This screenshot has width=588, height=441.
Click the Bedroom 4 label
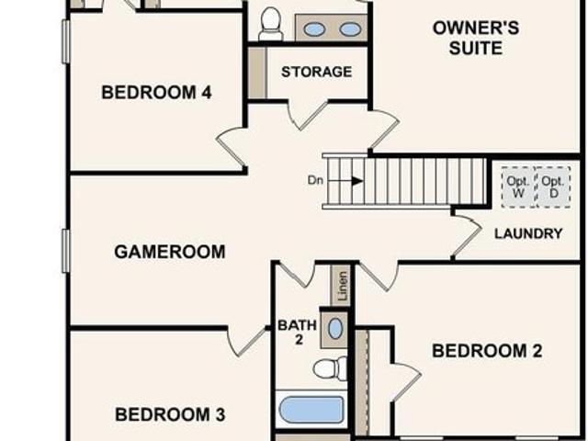pyautogui.click(x=156, y=92)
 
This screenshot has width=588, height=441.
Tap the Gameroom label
pyautogui.click(x=169, y=252)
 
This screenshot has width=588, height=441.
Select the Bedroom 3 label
pyautogui.click(x=170, y=414)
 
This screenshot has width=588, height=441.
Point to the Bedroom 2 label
pyautogui.click(x=487, y=351)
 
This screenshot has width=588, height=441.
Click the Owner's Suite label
pyautogui.click(x=476, y=38)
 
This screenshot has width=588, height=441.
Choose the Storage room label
pyautogui.click(x=316, y=72)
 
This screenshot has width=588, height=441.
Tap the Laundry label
pyautogui.click(x=528, y=233)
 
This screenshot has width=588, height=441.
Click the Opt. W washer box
pyautogui.click(x=518, y=187)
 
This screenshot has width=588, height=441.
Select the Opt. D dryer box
pyautogui.click(x=553, y=187)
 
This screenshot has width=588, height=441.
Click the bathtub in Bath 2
pyautogui.click(x=311, y=410)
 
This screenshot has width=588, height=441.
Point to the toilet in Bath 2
pyautogui.click(x=330, y=368)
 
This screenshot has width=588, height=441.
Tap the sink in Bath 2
pyautogui.click(x=335, y=329)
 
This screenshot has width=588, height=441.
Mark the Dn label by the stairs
pyautogui.click(x=315, y=180)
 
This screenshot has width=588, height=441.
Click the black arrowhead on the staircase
pyautogui.click(x=357, y=181)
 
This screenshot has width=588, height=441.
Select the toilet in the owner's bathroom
pyautogui.click(x=271, y=24)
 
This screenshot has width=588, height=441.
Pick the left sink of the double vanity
pyautogui.click(x=314, y=29)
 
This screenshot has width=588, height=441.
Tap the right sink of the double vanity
pyautogui.click(x=350, y=29)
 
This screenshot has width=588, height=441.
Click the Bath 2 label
pyautogui.click(x=298, y=333)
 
